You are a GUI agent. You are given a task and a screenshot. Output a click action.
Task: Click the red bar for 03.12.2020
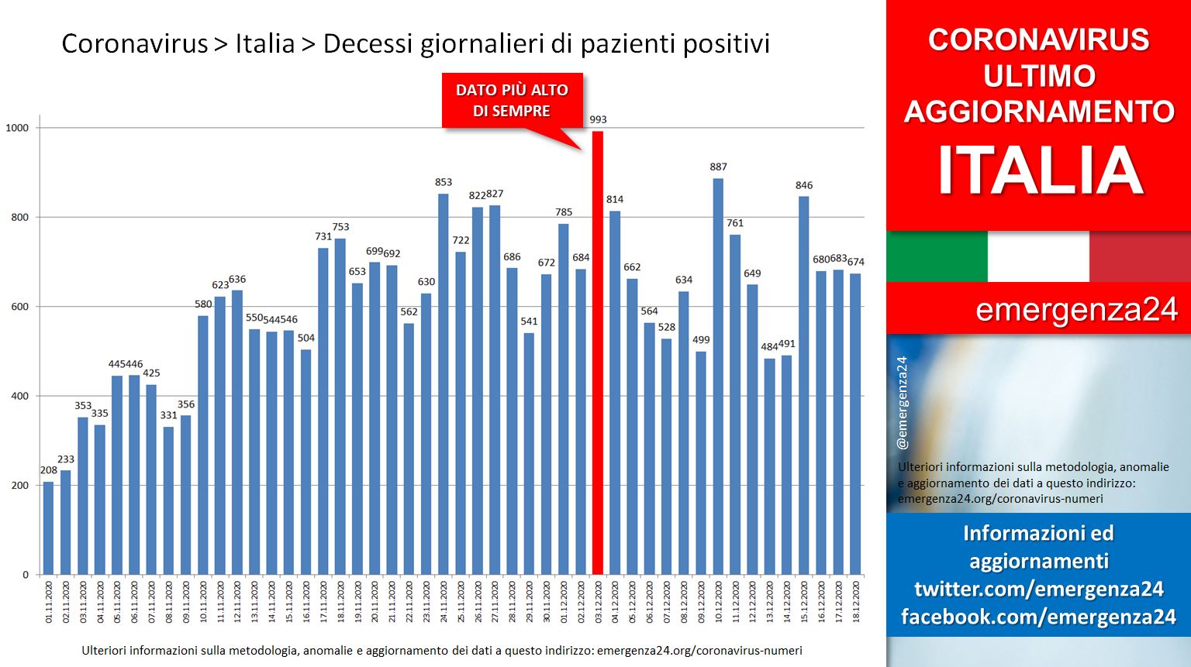[x=598, y=352]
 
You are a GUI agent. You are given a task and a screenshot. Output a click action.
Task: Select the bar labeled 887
[x=718, y=376]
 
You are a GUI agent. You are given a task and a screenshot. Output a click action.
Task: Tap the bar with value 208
[x=48, y=528]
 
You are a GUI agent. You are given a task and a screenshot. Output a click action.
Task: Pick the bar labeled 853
[x=444, y=384]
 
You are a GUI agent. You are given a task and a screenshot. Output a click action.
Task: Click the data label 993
[x=598, y=119]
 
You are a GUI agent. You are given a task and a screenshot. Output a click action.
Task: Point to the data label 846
[x=804, y=185]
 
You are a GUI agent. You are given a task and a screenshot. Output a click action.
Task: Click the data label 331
[x=168, y=415]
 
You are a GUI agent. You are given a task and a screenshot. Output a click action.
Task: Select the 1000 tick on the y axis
[x=17, y=128]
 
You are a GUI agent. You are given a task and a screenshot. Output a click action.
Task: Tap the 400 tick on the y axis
[x=20, y=396]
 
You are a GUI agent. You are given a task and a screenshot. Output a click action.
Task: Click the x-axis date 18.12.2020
[x=855, y=602]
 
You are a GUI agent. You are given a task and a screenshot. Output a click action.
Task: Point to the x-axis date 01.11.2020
[x=48, y=602]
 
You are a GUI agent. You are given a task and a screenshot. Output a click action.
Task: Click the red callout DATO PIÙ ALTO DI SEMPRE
[x=512, y=101]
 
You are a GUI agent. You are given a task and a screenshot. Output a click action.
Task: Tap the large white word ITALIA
[x=1040, y=170]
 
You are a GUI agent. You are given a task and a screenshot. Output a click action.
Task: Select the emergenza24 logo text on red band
[x=1077, y=309]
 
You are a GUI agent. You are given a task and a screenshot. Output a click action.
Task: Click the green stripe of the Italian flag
[x=937, y=256]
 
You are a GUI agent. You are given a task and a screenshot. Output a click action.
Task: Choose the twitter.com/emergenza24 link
[x=1039, y=589]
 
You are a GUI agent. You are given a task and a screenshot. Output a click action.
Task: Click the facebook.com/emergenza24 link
[x=1038, y=617]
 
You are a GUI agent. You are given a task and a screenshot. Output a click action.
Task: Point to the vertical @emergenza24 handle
[x=903, y=403]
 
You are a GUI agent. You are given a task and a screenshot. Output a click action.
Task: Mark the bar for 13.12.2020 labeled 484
[x=769, y=466]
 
